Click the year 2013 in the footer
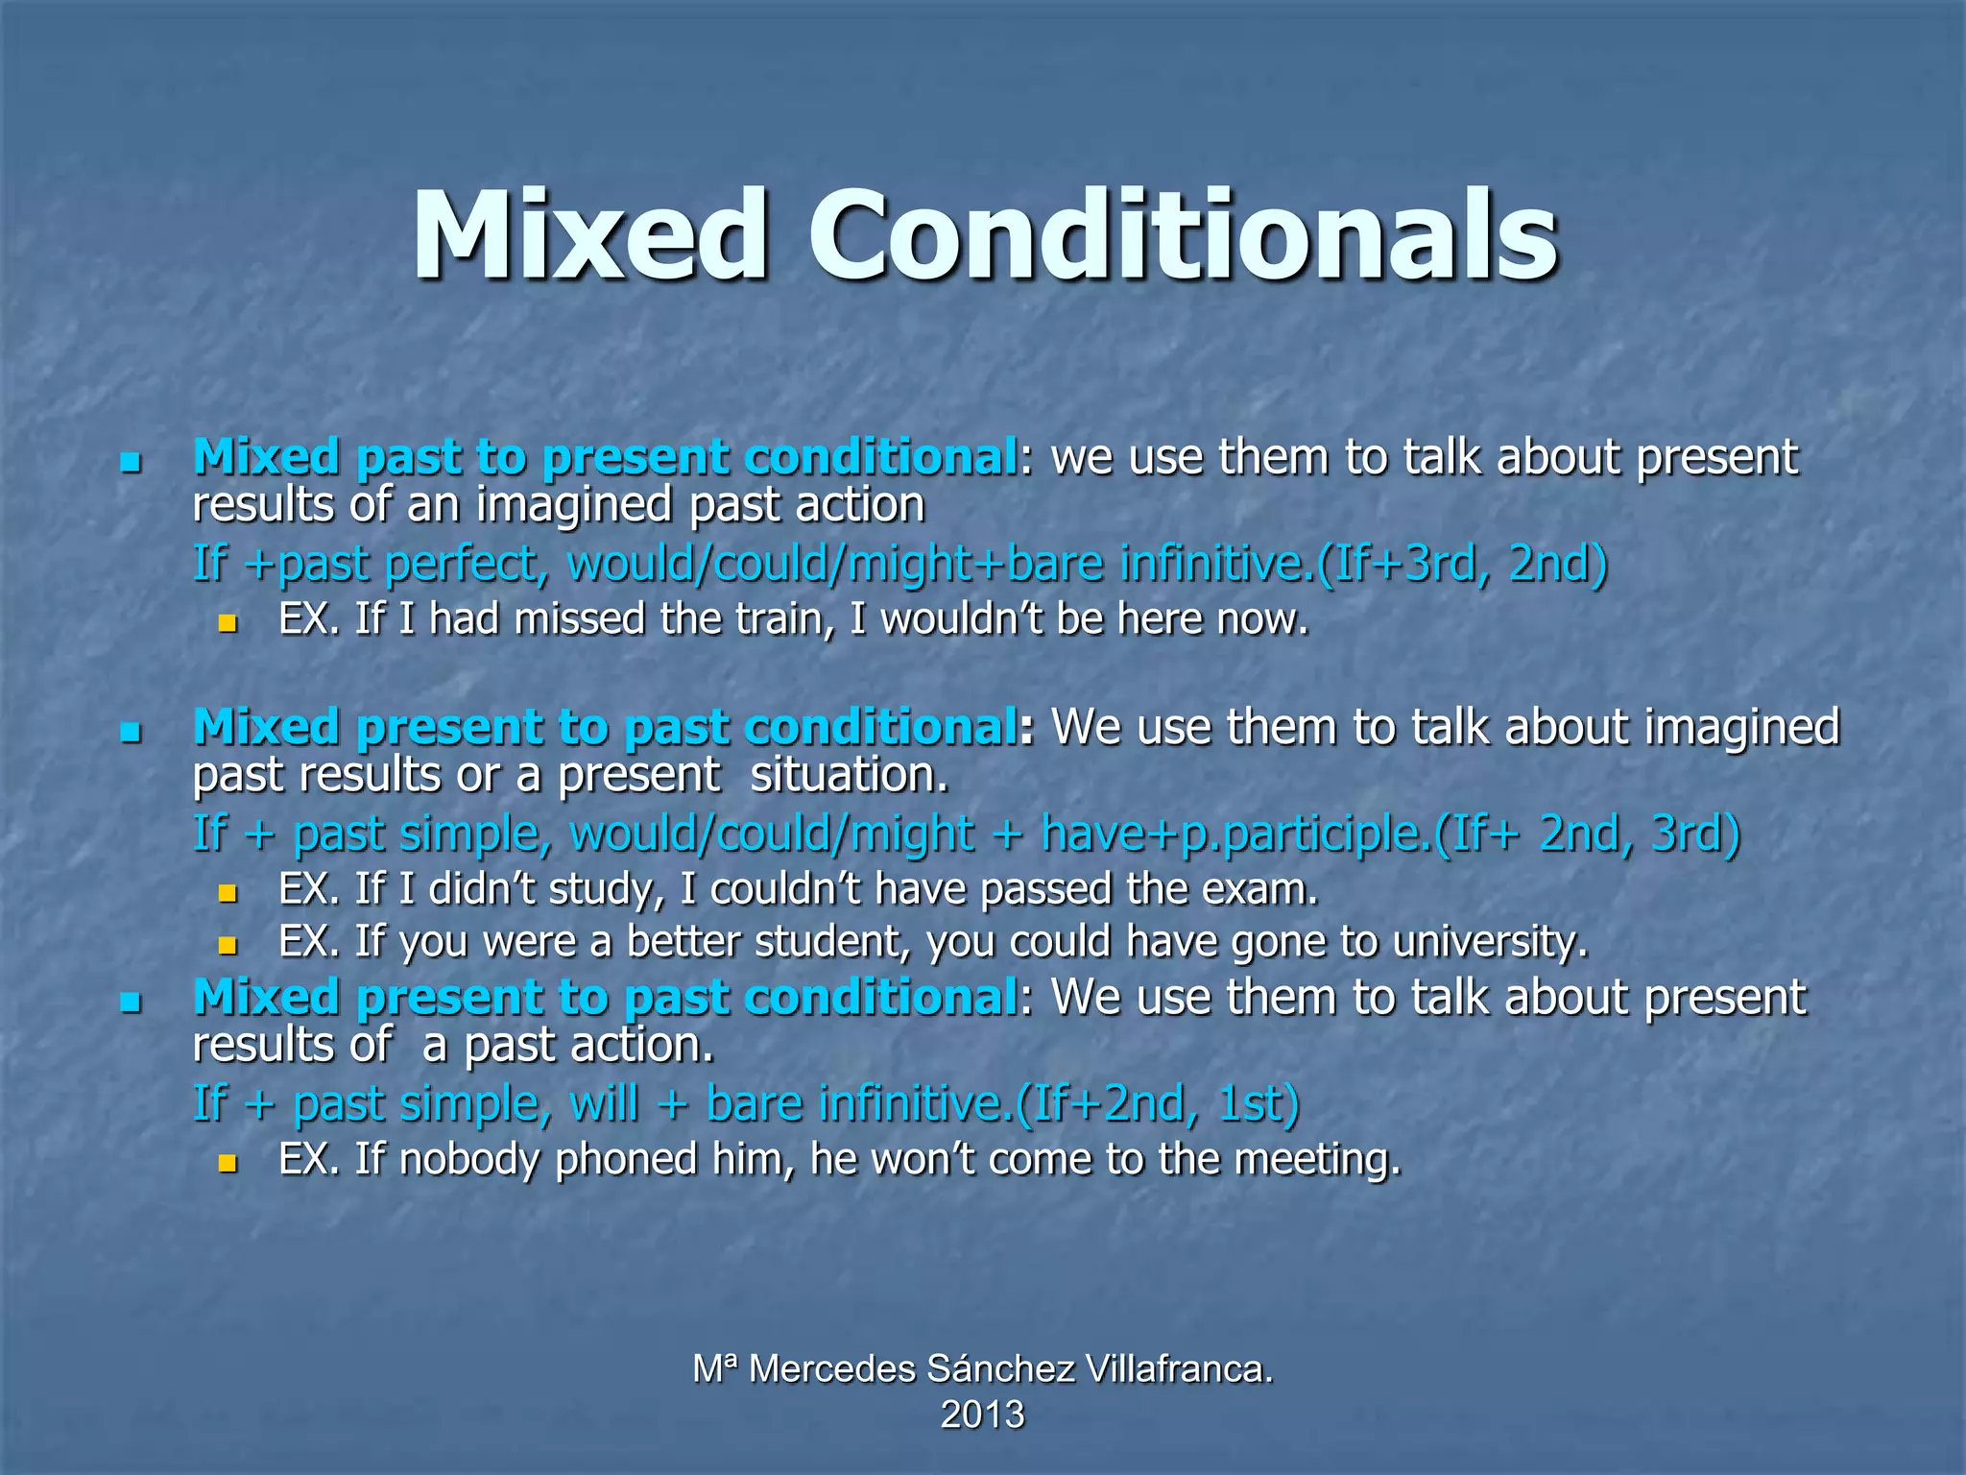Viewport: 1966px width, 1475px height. pos(982,1415)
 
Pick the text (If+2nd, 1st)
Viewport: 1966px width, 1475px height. pos(1157,1103)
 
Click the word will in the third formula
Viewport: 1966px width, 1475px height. pos(604,1103)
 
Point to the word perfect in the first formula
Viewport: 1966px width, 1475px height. pos(467,564)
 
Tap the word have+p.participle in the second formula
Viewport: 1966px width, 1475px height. pos(1236,834)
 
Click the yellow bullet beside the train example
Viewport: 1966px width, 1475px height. pos(228,623)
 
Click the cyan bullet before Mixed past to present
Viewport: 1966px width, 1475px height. pos(132,463)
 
